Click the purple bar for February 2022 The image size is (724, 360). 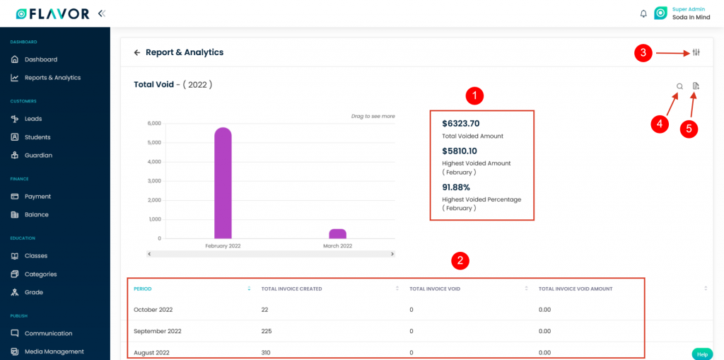[x=223, y=184]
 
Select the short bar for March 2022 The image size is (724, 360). [x=337, y=234]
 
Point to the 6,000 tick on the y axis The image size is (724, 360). [x=153, y=123]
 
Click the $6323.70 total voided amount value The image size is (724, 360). [x=460, y=124]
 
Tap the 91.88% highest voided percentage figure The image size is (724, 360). [x=456, y=187]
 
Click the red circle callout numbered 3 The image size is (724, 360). [x=643, y=53]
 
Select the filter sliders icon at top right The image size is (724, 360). [x=696, y=53]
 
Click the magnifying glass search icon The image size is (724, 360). [x=679, y=86]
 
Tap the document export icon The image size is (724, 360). [x=696, y=86]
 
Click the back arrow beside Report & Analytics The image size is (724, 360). [x=137, y=52]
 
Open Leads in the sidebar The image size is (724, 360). [x=33, y=119]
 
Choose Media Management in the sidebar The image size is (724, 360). [x=54, y=352]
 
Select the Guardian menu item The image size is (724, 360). [x=38, y=156]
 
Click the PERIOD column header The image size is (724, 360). [x=143, y=289]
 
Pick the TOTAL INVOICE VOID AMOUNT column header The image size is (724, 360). [x=575, y=289]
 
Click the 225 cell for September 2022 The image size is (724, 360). [x=268, y=331]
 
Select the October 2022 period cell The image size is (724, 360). [x=153, y=310]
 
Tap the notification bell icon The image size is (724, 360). [x=643, y=13]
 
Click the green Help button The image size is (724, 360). [x=701, y=354]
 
